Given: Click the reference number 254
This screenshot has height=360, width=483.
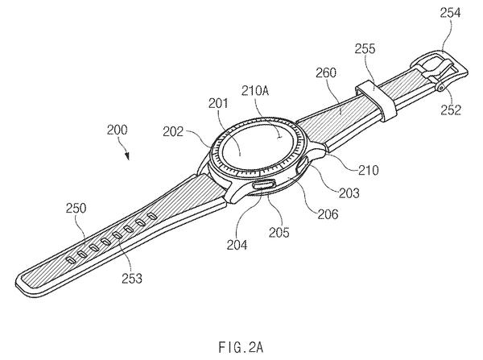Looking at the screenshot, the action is tap(450, 13).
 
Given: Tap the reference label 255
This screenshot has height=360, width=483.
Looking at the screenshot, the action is tap(365, 48).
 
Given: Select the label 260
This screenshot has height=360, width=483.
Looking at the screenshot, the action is tap(326, 72).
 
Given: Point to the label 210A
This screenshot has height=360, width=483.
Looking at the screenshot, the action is tap(255, 91).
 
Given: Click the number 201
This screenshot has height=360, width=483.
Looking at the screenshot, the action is tap(218, 103).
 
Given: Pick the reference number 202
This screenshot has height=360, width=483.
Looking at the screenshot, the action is tap(173, 132).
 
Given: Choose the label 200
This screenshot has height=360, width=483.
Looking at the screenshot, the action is tap(117, 130).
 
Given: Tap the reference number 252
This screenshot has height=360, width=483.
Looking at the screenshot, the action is tap(451, 110).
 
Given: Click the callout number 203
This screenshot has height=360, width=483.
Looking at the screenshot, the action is tap(349, 193).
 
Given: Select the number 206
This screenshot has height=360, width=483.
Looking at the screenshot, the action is tap(328, 214).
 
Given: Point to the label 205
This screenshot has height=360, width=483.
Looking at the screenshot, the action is tap(279, 233).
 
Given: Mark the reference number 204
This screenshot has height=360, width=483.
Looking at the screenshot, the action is tap(237, 245).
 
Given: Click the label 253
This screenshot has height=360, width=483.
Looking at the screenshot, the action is tap(132, 279).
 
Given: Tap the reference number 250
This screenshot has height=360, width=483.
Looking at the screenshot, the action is tap(76, 209).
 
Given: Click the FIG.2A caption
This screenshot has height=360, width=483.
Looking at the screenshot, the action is tap(242, 347).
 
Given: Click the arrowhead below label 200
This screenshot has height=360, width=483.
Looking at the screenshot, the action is tap(127, 156).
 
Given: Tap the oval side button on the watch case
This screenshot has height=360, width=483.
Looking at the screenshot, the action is tap(262, 184).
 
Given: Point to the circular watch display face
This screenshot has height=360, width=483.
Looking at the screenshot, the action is tap(255, 147).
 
